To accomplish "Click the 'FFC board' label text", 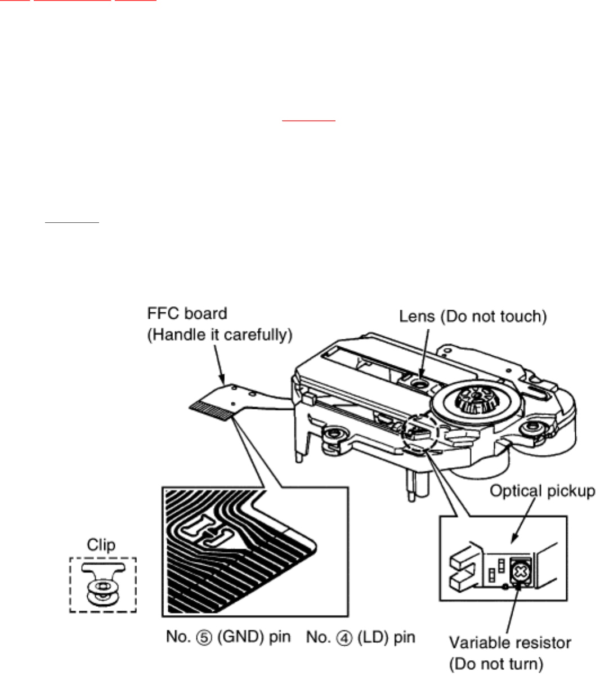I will [x=187, y=314].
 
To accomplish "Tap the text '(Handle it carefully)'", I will [x=220, y=335].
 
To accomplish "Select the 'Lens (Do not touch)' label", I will [x=473, y=316].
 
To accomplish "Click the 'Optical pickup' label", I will [x=542, y=491].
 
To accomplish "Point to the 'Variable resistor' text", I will [x=509, y=643].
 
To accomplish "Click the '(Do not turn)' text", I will [x=496, y=664].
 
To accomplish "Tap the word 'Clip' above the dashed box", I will [x=101, y=545].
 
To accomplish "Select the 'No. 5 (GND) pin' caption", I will [x=229, y=637].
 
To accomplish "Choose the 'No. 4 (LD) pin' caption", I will [x=361, y=637].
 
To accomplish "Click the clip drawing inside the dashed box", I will [x=102, y=585].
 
